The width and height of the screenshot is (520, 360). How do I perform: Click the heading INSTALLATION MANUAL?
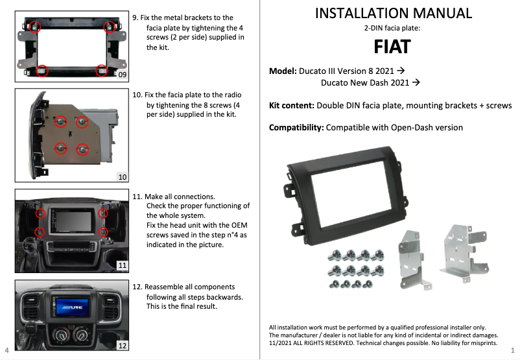(393, 13)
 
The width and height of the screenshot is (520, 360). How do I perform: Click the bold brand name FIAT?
(392, 47)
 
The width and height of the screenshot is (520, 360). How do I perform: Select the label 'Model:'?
(283, 70)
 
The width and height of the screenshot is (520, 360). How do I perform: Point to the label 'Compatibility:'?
(296, 127)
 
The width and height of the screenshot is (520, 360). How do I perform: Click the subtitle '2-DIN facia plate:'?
(393, 29)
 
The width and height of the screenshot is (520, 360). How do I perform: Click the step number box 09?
(121, 75)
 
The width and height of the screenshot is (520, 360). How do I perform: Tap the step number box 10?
(121, 176)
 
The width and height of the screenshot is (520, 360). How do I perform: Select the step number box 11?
(121, 265)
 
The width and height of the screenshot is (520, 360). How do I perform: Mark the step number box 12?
(121, 345)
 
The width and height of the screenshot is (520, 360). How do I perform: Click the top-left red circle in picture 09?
(34, 27)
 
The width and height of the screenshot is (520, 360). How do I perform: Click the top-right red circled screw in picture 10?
(82, 121)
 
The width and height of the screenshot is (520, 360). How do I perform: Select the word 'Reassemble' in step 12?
(170, 287)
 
